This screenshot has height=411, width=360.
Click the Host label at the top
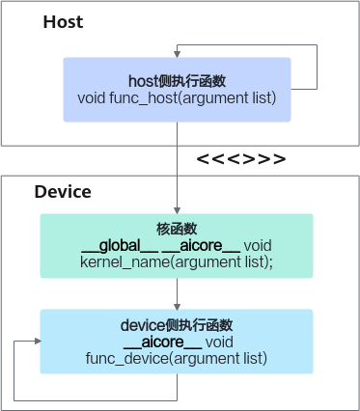pos(62,20)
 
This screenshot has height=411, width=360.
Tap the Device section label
pos(63,192)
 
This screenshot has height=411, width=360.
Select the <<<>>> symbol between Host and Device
pos(241,158)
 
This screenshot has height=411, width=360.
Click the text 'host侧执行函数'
pos(177,81)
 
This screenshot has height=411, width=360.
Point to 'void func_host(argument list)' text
pos(177,97)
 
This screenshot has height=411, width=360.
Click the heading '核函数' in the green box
pos(177,230)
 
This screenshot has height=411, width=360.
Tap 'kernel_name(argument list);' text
pos(177,261)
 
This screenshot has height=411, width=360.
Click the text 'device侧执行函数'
pos(177,325)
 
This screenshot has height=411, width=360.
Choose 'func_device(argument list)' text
pos(177,358)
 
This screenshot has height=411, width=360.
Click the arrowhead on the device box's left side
pos(36,341)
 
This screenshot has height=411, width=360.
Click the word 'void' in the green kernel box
pos(258,245)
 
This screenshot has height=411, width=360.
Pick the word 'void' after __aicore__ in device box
pos(219,342)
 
